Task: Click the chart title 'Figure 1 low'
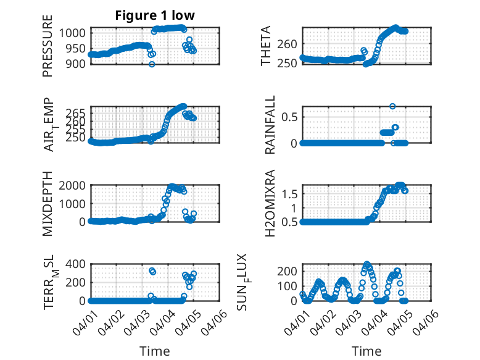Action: [155, 16]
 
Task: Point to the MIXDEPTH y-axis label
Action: [48, 204]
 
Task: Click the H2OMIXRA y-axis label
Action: [270, 204]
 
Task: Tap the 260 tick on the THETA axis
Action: [290, 44]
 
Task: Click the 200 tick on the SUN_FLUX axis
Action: [290, 271]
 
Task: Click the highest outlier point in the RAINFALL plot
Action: [392, 106]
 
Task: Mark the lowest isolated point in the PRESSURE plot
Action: [152, 64]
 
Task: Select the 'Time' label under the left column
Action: [155, 351]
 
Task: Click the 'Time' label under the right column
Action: [366, 351]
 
